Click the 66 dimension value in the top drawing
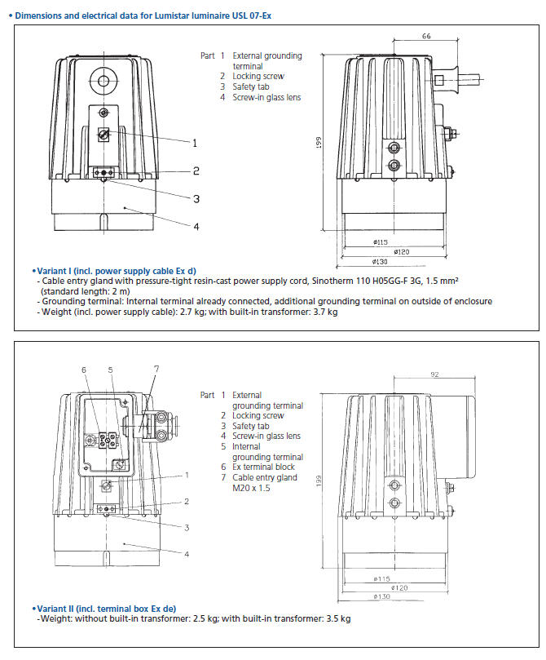click(426, 37)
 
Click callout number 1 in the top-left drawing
click(195, 143)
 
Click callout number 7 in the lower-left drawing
click(156, 369)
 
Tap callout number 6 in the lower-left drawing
click(83, 370)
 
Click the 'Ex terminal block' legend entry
click(263, 467)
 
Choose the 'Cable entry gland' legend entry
click(265, 478)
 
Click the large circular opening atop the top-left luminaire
click(103, 80)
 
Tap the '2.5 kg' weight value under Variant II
click(205, 619)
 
